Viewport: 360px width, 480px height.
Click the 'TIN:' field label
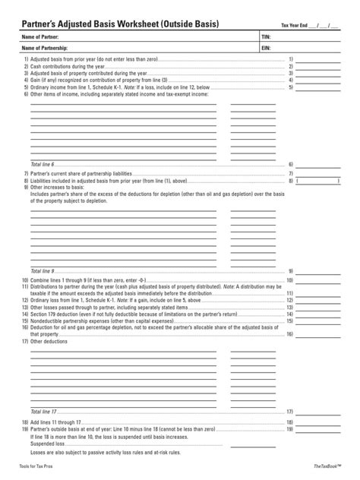coord(266,36)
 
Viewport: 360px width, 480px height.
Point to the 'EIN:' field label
coord(266,47)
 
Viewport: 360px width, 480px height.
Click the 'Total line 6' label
coord(43,164)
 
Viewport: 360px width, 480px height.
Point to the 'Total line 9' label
coord(43,270)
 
